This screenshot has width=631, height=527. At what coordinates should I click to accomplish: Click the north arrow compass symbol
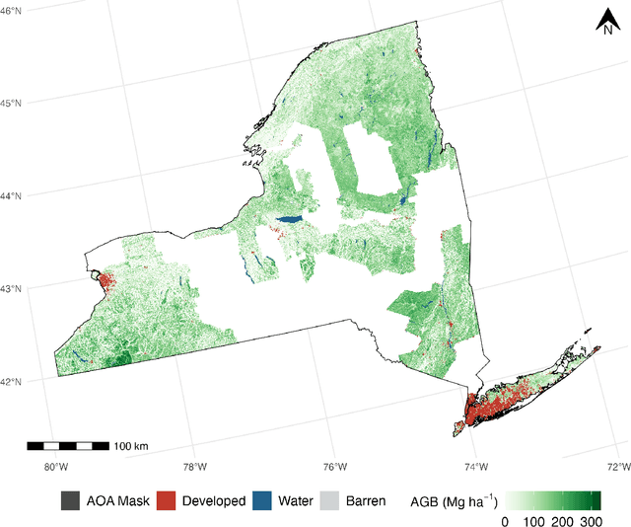[x=607, y=21]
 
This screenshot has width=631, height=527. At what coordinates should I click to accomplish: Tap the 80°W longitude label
[x=55, y=467]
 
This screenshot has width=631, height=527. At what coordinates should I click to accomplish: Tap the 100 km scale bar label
[x=130, y=446]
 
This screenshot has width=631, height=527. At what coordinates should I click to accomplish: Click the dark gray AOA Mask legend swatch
[x=70, y=500]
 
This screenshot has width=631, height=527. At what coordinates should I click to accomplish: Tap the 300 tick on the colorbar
[x=589, y=520]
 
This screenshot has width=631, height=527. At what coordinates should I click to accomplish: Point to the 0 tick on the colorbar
[x=506, y=520]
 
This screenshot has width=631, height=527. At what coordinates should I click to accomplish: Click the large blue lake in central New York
[x=289, y=220]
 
